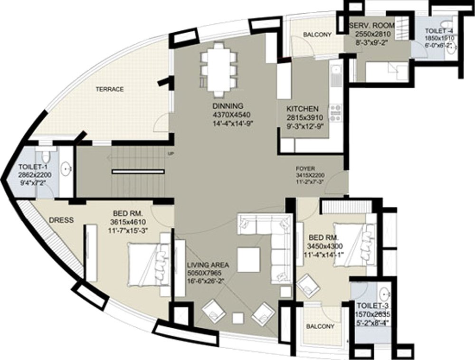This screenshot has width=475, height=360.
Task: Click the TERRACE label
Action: coord(110,89)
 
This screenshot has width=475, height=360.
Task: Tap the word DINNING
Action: coord(228,106)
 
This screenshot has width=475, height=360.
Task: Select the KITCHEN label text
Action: coord(303,109)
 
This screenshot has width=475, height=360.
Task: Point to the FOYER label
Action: coord(304,169)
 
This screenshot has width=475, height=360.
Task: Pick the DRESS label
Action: coord(61,220)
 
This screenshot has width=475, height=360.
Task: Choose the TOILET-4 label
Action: coord(440,31)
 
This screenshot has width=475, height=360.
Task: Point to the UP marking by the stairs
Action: coord(170,153)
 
